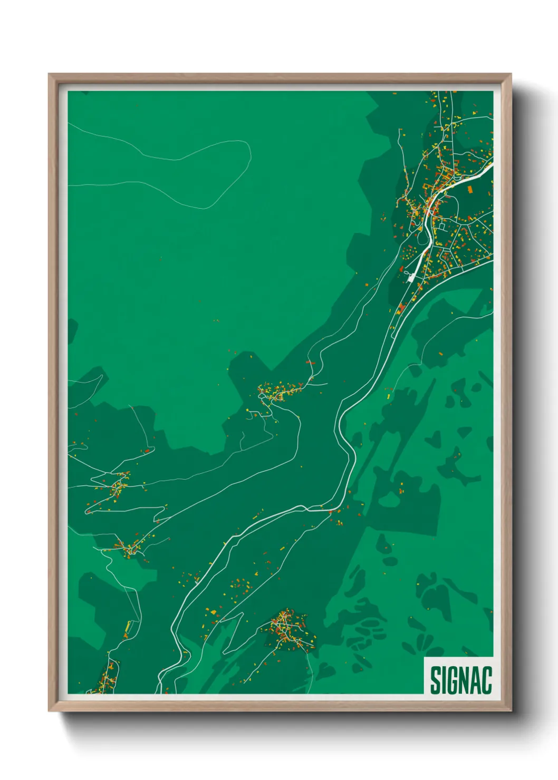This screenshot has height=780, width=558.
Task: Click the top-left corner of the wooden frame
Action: coord(50,75)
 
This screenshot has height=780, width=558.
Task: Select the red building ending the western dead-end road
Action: coord(148,451)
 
